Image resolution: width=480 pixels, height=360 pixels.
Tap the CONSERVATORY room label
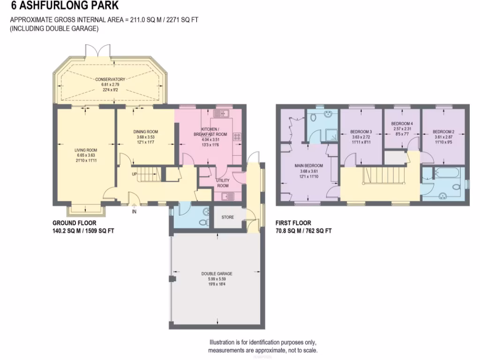(x=110, y=80)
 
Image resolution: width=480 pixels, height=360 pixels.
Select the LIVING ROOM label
(x=85, y=150)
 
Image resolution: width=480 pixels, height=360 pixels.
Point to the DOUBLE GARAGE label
(x=217, y=274)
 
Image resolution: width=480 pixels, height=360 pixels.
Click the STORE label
(x=227, y=217)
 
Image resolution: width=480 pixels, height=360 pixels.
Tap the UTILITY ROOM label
(x=223, y=183)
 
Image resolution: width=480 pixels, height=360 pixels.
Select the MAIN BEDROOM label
(x=308, y=165)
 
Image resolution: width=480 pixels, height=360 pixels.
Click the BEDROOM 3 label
(x=360, y=132)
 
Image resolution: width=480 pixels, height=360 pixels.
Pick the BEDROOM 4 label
(x=401, y=123)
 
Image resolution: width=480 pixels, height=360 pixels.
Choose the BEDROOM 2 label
(x=443, y=132)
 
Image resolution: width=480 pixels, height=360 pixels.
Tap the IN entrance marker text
(x=134, y=212)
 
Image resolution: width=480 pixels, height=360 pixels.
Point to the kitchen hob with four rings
(x=237, y=137)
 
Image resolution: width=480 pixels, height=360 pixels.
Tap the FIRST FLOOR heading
(x=293, y=224)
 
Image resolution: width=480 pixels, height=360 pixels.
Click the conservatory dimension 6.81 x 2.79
(x=110, y=85)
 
